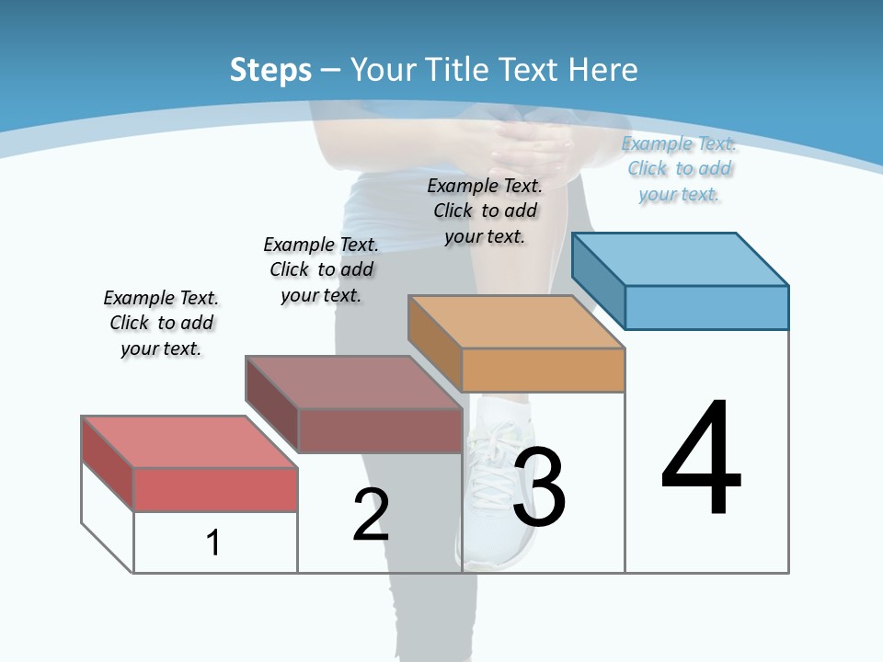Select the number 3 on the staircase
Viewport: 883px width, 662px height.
point(539,486)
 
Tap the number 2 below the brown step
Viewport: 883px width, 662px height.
point(371,515)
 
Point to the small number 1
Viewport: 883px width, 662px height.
point(213,542)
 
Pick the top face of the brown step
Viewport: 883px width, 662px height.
point(353,382)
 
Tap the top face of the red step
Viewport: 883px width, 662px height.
point(189,441)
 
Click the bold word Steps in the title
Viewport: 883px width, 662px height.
point(270,70)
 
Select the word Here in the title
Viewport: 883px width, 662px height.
point(603,70)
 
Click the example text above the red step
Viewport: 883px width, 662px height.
point(161,323)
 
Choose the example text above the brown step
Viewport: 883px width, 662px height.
point(321,269)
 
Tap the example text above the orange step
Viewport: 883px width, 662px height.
point(485,211)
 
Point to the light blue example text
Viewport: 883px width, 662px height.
point(679,168)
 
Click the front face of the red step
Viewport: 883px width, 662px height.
point(215,489)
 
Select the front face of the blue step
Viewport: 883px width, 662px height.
point(706,307)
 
